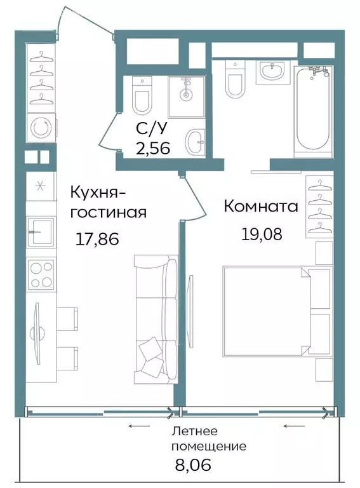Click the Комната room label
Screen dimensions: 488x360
tap(261, 207)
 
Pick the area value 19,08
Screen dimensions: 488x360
tap(261, 233)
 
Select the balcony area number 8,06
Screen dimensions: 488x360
tap(192, 465)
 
